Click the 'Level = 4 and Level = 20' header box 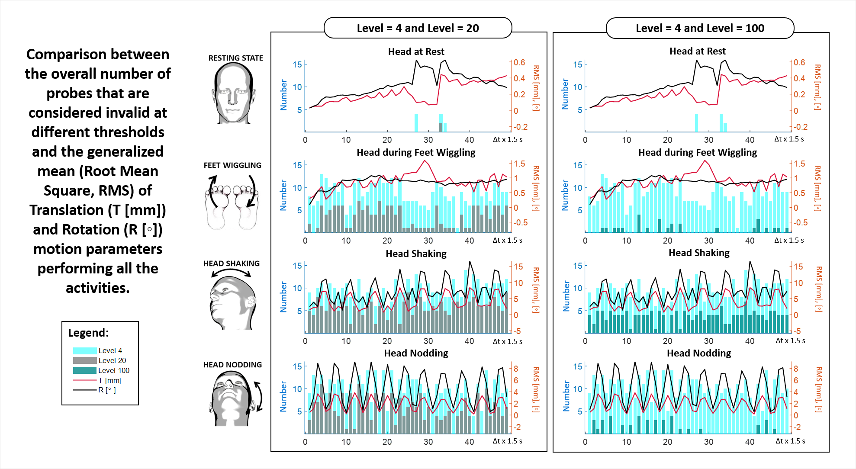point(418,28)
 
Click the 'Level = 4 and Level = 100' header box point(700,28)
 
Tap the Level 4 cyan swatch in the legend point(85,350)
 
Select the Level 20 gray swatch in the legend point(85,360)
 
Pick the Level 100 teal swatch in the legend point(85,370)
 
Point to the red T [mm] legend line point(85,380)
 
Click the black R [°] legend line point(85,390)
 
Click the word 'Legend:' point(88,333)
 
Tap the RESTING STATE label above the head point(235,58)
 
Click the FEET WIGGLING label point(232,165)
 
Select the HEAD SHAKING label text point(232,263)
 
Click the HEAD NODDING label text point(232,365)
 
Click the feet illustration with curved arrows point(232,201)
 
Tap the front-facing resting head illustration point(233,93)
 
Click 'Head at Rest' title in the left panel point(416,52)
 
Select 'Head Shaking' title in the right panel point(699,253)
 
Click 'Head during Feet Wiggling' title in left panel point(416,152)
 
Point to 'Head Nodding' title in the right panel point(699,353)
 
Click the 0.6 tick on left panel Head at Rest point(519,63)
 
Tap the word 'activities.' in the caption point(98,288)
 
